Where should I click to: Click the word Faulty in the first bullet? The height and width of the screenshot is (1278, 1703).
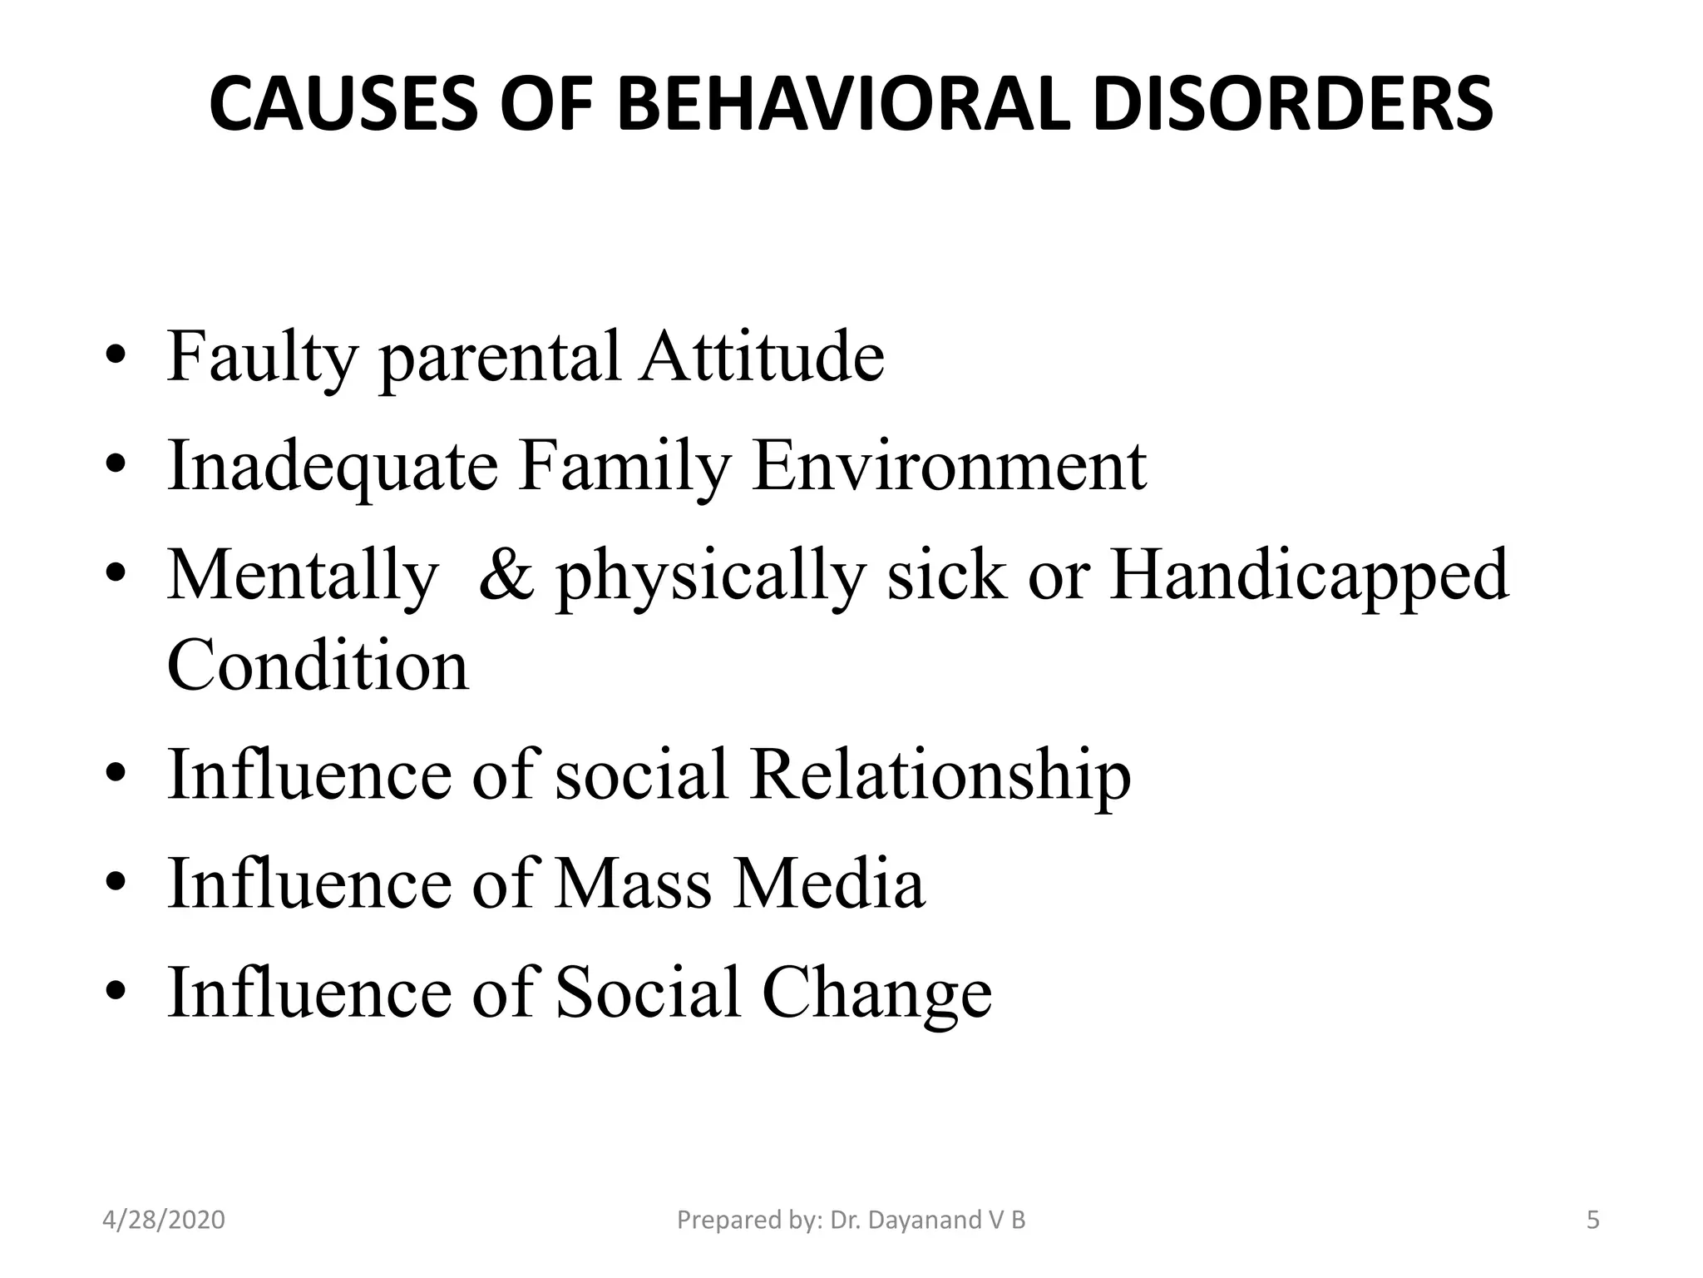click(262, 358)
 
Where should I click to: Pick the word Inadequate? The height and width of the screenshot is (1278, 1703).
click(333, 467)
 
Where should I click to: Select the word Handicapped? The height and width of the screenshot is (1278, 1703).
click(1309, 576)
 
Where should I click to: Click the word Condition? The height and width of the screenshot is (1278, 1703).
click(318, 666)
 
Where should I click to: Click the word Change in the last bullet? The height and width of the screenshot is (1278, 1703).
click(876, 993)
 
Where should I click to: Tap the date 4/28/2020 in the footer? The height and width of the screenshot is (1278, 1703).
click(164, 1221)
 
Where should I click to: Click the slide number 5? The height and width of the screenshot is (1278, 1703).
click(1593, 1221)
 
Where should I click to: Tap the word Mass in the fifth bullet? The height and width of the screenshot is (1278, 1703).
click(633, 883)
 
